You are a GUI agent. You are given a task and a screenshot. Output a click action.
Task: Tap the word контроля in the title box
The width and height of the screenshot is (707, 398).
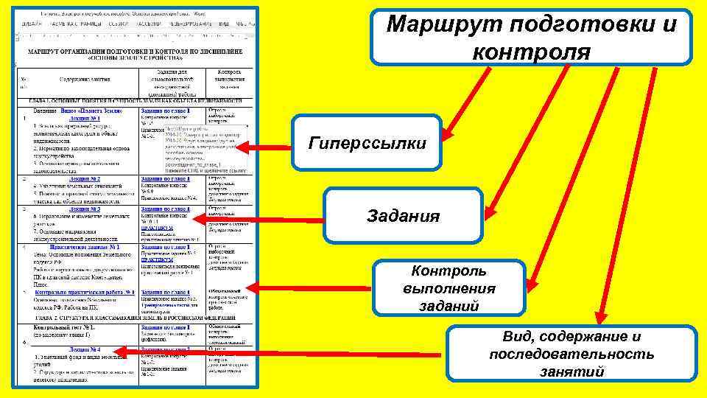[531, 52]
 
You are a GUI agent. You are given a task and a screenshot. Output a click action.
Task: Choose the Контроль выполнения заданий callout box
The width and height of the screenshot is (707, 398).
[449, 288]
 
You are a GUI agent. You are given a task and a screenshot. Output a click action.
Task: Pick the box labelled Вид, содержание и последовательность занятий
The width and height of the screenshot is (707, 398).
[571, 355]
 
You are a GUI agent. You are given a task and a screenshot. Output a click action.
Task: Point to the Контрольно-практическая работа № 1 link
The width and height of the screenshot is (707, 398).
[84, 292]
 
